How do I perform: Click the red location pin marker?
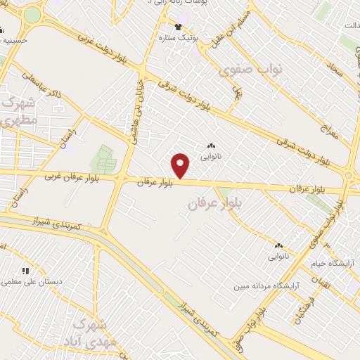(181, 165)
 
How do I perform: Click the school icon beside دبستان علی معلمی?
(26, 270)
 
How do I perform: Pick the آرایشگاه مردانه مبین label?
(268, 286)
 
